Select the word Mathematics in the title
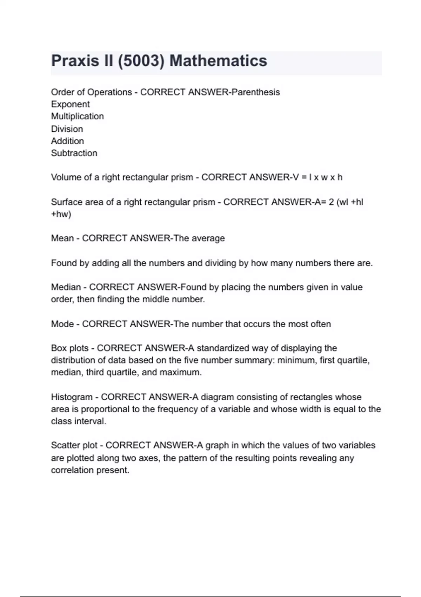218,61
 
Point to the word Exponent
70,104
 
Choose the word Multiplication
77,116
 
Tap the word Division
67,129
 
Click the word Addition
67,141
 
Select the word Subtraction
74,153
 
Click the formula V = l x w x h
315,177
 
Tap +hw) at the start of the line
61,214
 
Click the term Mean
62,238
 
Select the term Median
66,287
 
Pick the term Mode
62,324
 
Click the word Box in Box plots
58,348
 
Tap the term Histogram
72,397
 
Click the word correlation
72,470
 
